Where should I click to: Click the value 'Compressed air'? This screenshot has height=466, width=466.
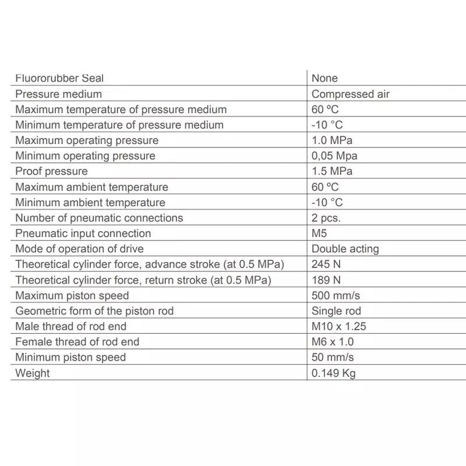pos(351,94)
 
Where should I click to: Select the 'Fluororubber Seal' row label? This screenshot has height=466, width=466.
pos(59,78)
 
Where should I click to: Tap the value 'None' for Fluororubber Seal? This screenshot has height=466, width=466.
pos(324,78)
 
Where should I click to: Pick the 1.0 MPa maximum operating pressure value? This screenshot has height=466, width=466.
pos(332,140)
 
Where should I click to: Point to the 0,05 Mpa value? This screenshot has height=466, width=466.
pos(334,156)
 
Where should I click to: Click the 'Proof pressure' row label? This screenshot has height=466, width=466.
pos(51,171)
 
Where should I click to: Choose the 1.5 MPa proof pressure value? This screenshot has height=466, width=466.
pos(332,171)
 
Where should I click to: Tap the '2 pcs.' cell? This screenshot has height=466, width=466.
pos(326,218)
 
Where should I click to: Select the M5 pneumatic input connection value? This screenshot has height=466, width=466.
pos(320,234)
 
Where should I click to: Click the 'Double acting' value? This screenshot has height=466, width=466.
pos(345,249)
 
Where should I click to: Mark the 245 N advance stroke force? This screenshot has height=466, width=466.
pos(326,264)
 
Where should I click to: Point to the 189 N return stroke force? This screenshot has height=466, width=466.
pos(326,280)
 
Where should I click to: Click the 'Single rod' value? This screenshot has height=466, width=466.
pos(336,311)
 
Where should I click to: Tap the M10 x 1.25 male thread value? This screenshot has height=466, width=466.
pos(339,326)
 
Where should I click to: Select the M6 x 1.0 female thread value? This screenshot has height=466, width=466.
pos(333,342)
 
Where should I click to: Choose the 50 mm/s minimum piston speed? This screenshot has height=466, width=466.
pos(333,357)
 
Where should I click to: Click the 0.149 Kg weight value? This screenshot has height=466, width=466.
pos(333,373)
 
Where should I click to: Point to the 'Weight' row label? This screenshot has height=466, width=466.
pos(33,373)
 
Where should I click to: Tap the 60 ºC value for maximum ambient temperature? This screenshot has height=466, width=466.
pos(325,187)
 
